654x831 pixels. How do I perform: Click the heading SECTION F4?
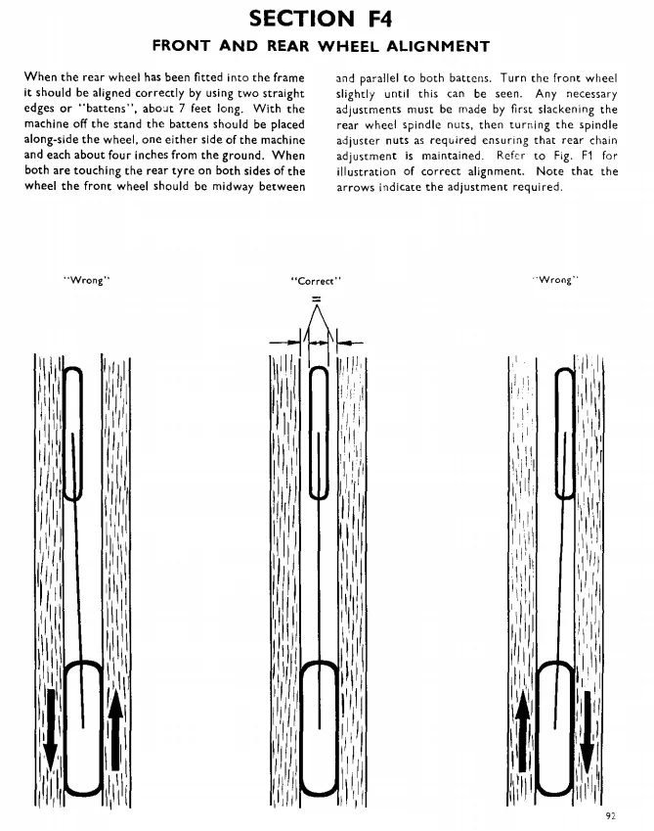pos(326,18)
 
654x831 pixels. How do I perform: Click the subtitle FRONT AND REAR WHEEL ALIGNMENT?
pos(326,46)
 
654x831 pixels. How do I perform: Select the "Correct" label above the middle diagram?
pos(316,281)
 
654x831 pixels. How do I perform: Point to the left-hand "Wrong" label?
pos(87,281)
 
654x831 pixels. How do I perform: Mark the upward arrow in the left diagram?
pos(115,728)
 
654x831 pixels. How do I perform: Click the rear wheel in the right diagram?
pos(556,729)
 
